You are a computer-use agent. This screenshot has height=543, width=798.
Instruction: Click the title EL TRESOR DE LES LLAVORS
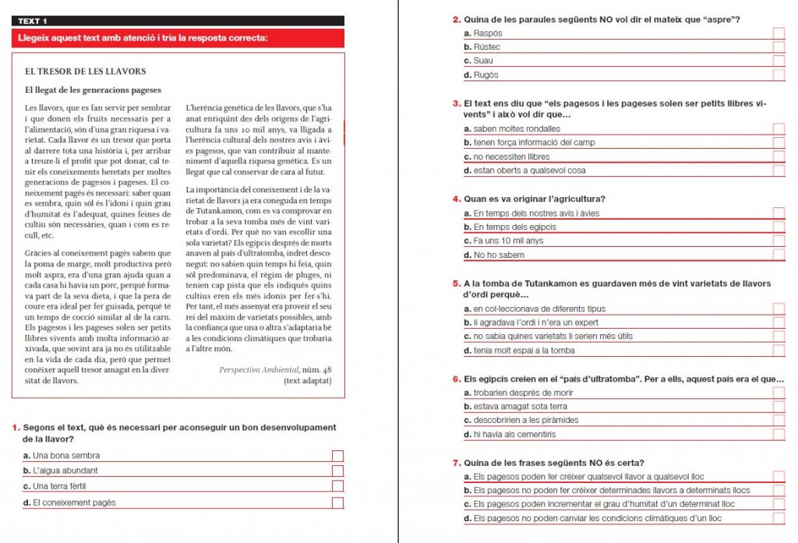(x=85, y=72)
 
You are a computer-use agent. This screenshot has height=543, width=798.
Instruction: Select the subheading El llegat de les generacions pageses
(x=93, y=90)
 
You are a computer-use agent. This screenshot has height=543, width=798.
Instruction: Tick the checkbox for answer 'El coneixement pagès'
(x=337, y=503)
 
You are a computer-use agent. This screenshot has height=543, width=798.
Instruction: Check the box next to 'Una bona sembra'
(x=337, y=456)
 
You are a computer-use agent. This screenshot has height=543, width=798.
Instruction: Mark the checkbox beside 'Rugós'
(x=779, y=76)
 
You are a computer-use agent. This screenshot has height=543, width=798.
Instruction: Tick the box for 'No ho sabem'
(x=779, y=256)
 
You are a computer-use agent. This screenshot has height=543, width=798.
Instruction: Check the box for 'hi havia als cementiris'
(x=779, y=435)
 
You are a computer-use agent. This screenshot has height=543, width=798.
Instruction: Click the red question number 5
(x=456, y=284)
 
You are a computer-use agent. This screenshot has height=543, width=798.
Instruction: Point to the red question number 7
(x=456, y=463)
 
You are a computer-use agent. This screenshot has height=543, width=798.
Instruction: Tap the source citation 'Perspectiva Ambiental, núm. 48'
(x=276, y=369)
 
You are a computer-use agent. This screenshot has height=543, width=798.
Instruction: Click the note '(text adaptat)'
(x=308, y=381)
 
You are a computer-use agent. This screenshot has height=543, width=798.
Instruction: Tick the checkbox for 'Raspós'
(x=779, y=33)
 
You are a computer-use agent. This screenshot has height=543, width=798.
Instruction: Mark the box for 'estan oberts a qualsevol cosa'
(x=779, y=171)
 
